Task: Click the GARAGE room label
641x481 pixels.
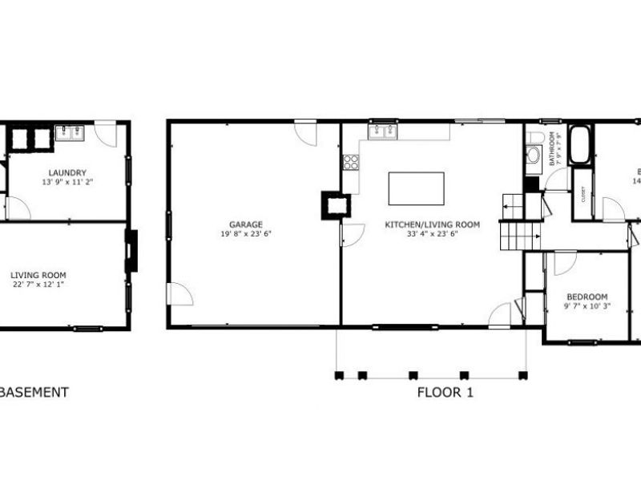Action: (246, 224)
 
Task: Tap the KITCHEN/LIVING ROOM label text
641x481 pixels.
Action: (432, 224)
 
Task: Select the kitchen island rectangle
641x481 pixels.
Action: (417, 188)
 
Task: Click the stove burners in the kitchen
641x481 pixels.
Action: (351, 163)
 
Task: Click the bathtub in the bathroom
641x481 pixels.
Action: (580, 145)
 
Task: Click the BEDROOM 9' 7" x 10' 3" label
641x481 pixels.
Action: (586, 296)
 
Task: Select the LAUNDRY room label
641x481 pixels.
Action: (67, 173)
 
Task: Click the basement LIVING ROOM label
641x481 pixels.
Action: (38, 275)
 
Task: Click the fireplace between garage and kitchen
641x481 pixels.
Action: (333, 204)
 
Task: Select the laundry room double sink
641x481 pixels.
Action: (70, 132)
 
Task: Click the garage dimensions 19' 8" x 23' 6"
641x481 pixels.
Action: (246, 235)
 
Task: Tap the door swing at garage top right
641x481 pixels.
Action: (306, 132)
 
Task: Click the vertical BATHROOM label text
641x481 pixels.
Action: (552, 149)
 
